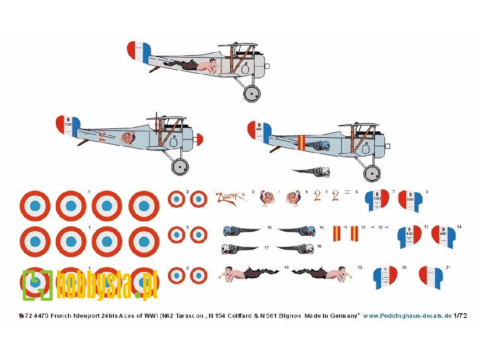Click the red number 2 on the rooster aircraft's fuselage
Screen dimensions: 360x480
(102, 136)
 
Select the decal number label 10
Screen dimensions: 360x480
(269, 228)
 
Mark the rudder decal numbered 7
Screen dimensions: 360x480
(377, 201)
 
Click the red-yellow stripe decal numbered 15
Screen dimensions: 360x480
(354, 234)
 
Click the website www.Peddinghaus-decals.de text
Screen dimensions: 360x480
(407, 316)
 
